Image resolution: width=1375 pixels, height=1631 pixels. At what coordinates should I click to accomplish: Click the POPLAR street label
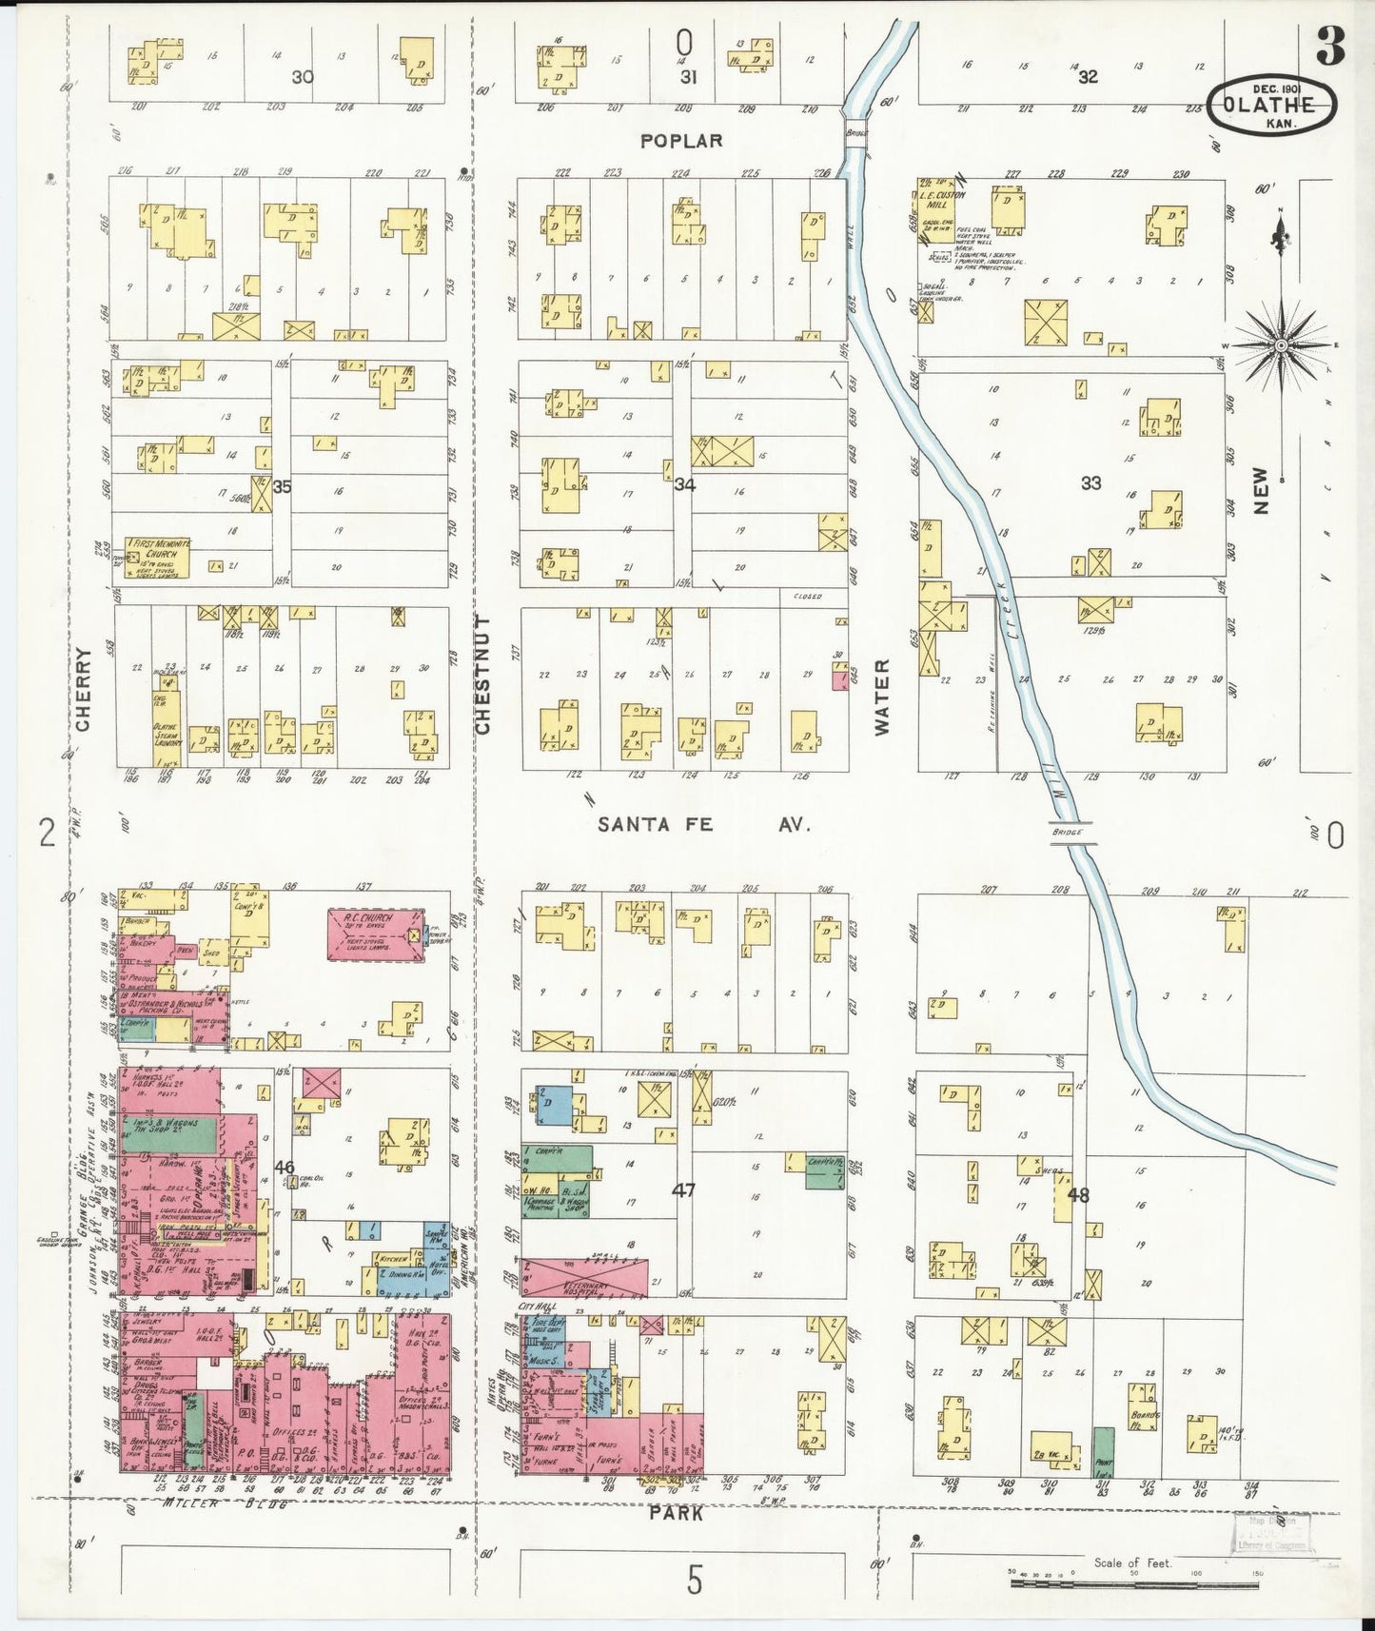681,141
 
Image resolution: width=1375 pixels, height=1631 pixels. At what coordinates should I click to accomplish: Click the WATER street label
882,697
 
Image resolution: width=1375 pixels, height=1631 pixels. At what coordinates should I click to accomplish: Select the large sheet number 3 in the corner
1329,46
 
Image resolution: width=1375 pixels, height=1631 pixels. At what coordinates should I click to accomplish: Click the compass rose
1281,344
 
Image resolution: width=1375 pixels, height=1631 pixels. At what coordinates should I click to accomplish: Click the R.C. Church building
375,933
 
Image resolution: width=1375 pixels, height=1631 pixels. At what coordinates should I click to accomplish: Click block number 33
1090,483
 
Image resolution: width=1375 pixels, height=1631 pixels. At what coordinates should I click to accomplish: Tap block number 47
683,1189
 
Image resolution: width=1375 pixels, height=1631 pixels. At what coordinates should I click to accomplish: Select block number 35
282,486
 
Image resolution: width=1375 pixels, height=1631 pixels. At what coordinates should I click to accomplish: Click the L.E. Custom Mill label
942,200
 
